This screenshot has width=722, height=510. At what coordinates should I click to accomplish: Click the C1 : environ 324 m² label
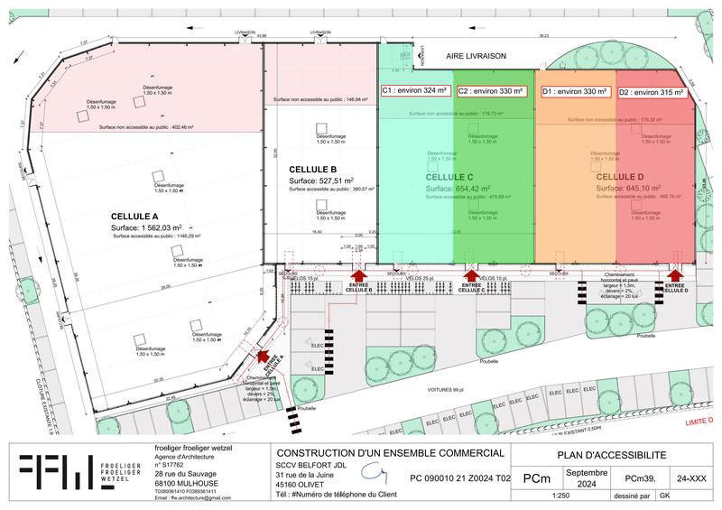[x=414, y=91]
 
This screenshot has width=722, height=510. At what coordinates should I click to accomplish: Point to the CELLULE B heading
[x=313, y=170]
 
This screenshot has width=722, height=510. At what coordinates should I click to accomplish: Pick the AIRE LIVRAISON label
[x=477, y=56]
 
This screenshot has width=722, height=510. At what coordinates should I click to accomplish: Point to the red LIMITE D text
[x=698, y=421]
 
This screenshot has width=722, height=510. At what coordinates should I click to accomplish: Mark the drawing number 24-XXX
[x=688, y=478]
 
